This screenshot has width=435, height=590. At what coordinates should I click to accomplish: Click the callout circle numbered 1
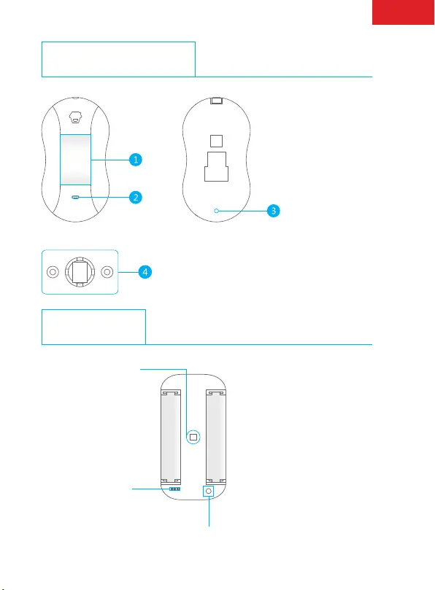[x=136, y=160]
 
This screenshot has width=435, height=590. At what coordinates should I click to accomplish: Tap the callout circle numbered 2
[x=136, y=197]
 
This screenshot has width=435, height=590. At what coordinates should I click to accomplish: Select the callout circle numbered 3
[x=274, y=211]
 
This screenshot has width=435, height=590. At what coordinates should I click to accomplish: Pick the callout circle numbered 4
[x=145, y=272]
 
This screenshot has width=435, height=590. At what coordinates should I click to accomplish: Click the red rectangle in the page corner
[x=403, y=12]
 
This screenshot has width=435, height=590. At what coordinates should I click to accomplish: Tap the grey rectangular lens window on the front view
[x=75, y=160]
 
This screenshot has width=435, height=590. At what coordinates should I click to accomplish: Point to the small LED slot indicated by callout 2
[x=75, y=197]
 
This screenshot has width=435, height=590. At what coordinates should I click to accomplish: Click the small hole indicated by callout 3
[x=216, y=211]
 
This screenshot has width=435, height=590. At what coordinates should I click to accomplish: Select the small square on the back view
[x=216, y=141]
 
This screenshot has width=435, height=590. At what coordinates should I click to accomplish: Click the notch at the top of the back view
[x=216, y=101]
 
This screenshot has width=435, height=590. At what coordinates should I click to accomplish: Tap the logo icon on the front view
[x=75, y=117]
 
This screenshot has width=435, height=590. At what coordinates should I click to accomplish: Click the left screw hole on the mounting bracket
[x=53, y=272]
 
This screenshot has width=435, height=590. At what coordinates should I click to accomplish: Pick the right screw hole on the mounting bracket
[x=107, y=272]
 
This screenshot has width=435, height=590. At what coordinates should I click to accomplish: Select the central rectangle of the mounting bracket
[x=80, y=272]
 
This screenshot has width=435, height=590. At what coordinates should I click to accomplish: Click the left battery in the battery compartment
[x=171, y=437]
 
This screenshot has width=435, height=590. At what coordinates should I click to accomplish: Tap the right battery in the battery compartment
[x=216, y=437]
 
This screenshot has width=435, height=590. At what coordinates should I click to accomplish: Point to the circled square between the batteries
[x=193, y=437]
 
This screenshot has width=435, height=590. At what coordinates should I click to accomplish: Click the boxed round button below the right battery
[x=208, y=491]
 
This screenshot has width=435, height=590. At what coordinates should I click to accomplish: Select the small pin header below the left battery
[x=174, y=489]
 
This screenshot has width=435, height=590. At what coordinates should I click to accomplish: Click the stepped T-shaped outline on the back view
[x=216, y=167]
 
